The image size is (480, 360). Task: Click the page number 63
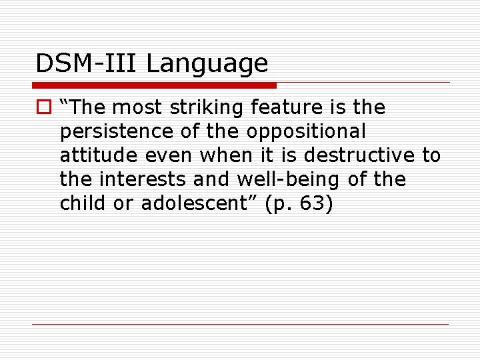point(309,203)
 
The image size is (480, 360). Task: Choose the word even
point(171,156)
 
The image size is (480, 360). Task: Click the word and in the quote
point(211,179)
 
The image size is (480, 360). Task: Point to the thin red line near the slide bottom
point(240,324)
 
